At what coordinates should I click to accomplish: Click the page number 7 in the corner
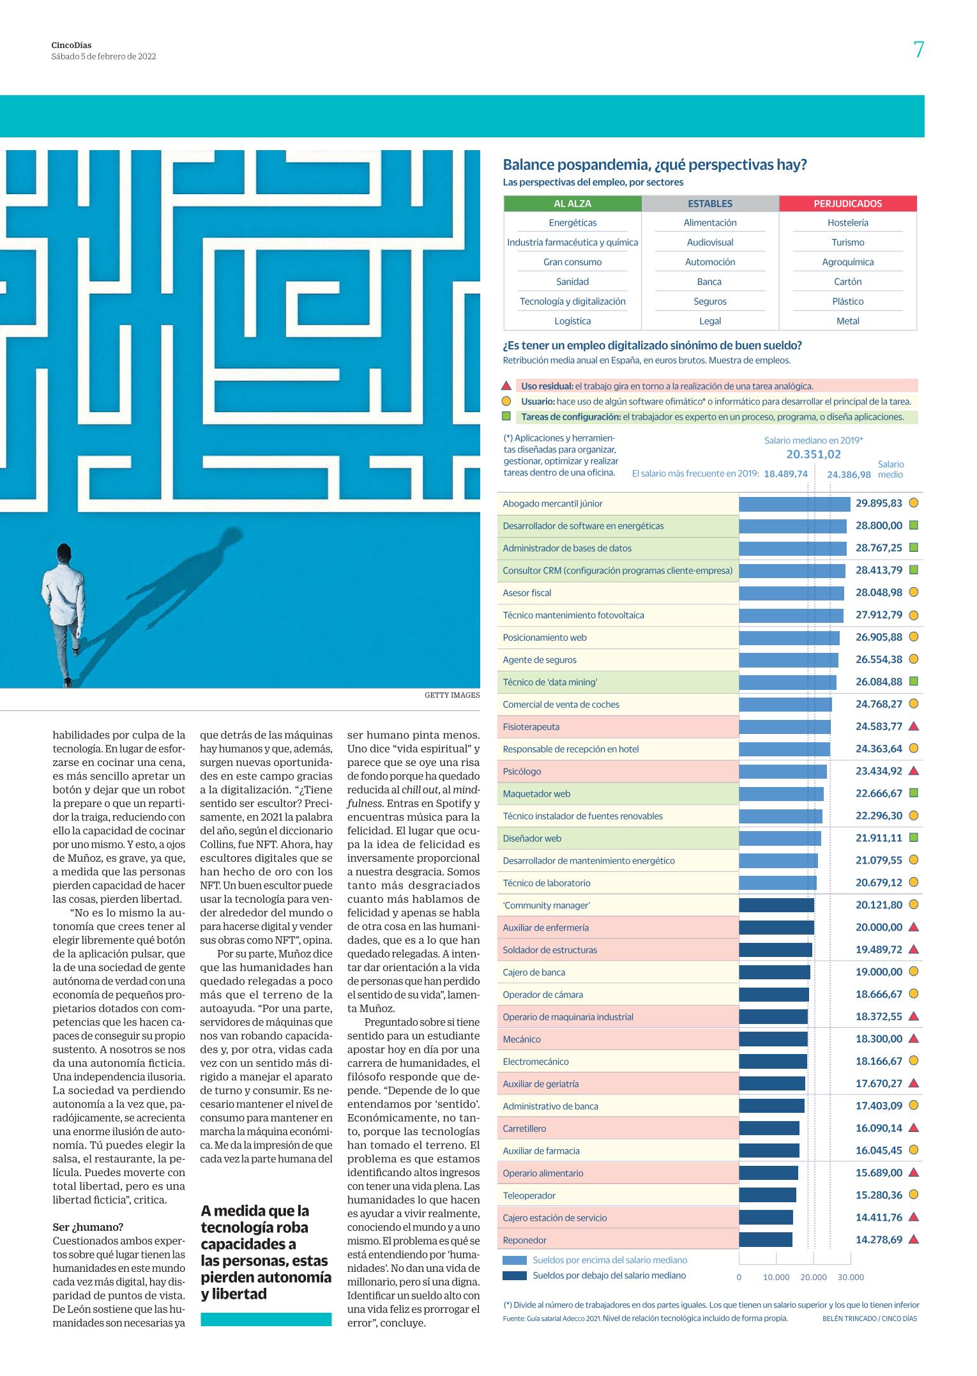pyautogui.click(x=918, y=50)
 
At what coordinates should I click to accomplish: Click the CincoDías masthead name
pyautogui.click(x=72, y=45)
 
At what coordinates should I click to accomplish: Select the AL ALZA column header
pyautogui.click(x=572, y=204)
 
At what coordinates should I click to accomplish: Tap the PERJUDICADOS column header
pyautogui.click(x=847, y=204)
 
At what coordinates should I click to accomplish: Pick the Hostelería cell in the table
pyautogui.click(x=847, y=223)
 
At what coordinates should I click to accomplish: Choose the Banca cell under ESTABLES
pyautogui.click(x=709, y=282)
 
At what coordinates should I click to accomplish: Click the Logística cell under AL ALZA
pyautogui.click(x=572, y=321)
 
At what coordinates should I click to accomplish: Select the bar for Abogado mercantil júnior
pyautogui.click(x=794, y=504)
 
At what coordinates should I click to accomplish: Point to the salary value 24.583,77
pyautogui.click(x=879, y=726)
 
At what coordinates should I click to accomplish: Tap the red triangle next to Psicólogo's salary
pyautogui.click(x=913, y=771)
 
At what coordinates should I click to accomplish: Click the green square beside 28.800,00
pyautogui.click(x=913, y=526)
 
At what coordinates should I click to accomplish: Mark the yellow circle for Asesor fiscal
pyautogui.click(x=913, y=593)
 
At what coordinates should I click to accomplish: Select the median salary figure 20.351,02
pyautogui.click(x=814, y=455)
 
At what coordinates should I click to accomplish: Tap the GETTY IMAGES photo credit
pyautogui.click(x=452, y=695)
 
